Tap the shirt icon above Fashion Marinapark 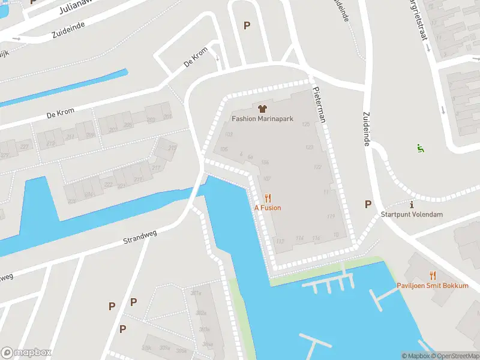click(x=262, y=109)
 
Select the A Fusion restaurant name click(x=268, y=208)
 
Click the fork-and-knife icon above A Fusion click(x=268, y=197)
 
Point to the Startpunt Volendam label click(x=412, y=215)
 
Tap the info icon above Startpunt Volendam click(x=412, y=205)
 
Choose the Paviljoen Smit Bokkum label click(x=432, y=286)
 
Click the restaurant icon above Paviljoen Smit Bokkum click(x=432, y=275)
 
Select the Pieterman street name click(x=318, y=103)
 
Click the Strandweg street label click(x=139, y=238)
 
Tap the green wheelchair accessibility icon click(x=420, y=148)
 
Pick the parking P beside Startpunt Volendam click(x=368, y=204)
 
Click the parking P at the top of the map click(x=246, y=25)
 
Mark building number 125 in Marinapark click(x=307, y=124)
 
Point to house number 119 click(x=331, y=216)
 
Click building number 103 click(x=228, y=134)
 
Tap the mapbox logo click(x=26, y=352)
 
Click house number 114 click(x=299, y=238)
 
